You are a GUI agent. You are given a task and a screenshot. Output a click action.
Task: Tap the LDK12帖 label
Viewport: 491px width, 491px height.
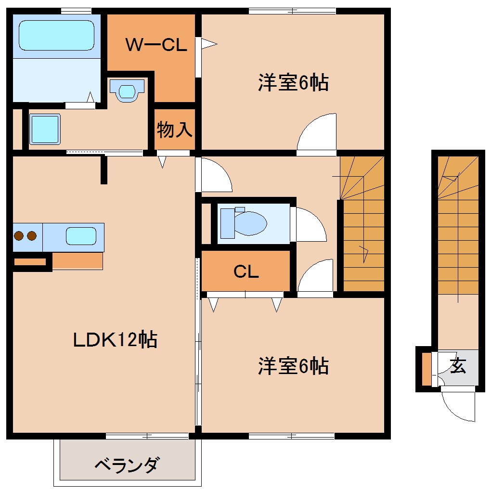tap(115, 340)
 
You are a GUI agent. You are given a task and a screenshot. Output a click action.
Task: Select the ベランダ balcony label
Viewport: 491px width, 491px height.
tap(127, 465)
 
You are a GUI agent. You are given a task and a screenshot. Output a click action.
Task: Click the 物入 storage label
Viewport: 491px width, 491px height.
tap(174, 129)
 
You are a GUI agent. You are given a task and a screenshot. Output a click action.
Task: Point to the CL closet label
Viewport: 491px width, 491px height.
tap(246, 272)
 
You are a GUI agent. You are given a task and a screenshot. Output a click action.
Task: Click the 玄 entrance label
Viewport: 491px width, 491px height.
tap(458, 366)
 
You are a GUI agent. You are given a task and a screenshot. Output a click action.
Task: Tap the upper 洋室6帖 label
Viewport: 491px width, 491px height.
tap(293, 83)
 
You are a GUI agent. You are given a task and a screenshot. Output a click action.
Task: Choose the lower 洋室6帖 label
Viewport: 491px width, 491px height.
tap(293, 366)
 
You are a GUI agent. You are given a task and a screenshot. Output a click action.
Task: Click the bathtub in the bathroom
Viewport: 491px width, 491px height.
tap(56, 35)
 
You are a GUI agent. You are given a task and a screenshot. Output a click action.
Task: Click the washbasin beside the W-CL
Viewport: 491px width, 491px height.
tap(127, 90)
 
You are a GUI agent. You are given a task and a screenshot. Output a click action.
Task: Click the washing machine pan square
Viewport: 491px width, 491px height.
tap(45, 129)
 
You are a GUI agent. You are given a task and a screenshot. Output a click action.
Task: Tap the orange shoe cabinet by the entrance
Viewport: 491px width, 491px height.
tap(426, 370)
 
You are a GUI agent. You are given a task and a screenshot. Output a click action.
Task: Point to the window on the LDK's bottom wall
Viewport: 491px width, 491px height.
tap(147, 436)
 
